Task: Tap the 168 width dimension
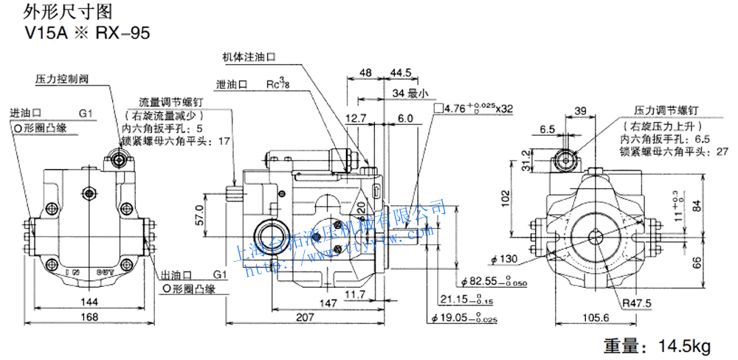pos(88,316)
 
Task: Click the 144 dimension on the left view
pos(88,302)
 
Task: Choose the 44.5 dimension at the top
pos(401,73)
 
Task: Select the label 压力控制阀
pos(61,77)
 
